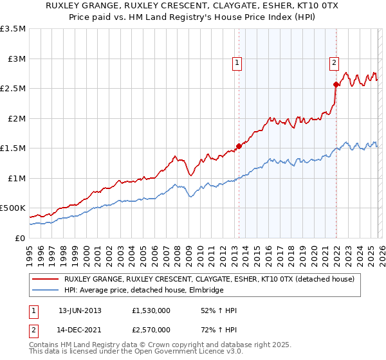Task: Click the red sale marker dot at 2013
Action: (x=239, y=146)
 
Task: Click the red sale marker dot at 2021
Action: (x=336, y=84)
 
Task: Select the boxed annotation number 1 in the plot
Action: (x=237, y=63)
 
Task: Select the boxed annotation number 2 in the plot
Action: (x=335, y=63)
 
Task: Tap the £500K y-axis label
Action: (x=13, y=208)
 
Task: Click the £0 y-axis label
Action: (x=21, y=239)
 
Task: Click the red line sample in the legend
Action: (x=46, y=279)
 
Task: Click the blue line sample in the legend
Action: (x=46, y=291)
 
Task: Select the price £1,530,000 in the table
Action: (x=150, y=310)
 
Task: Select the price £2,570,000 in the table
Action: (x=150, y=329)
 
